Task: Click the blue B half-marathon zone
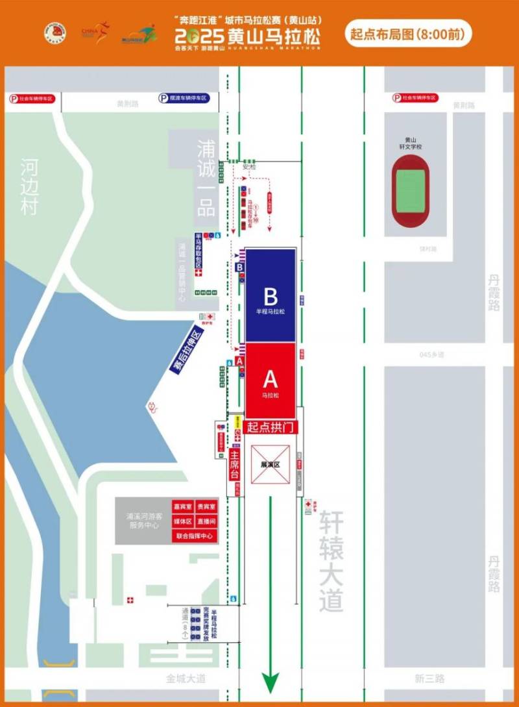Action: coord(271,295)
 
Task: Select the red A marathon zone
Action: coord(271,380)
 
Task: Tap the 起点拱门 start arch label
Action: coord(271,427)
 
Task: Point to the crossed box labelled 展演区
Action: coord(271,464)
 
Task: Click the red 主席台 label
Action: coord(235,464)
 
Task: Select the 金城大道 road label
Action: coord(186,678)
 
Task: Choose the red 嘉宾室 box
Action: coord(184,506)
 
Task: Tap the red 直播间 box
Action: coord(207,521)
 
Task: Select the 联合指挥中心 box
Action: coord(195,536)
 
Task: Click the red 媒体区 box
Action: coord(184,521)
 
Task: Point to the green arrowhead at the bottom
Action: coord(271,682)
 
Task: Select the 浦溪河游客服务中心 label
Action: coord(144,521)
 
